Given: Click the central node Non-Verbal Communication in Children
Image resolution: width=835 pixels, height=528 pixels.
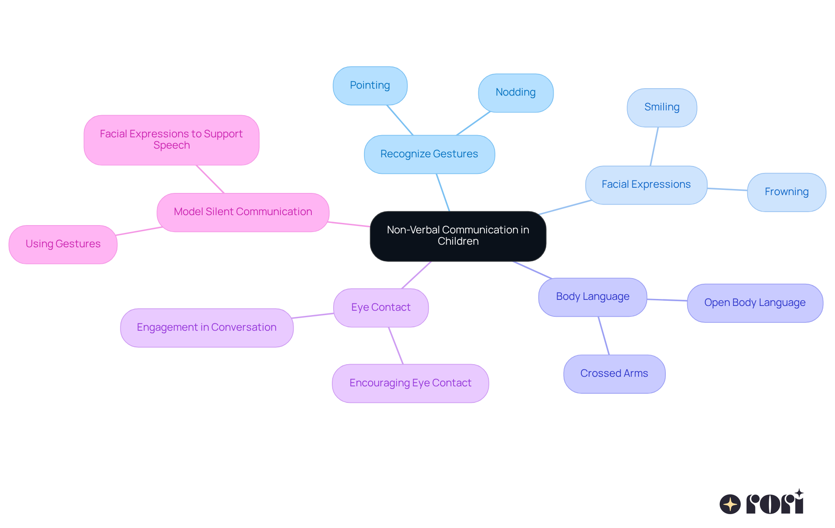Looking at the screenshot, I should (458, 236).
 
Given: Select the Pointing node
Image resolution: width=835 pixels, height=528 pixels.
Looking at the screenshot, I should (370, 86).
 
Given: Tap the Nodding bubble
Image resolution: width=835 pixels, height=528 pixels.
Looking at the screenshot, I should (516, 93).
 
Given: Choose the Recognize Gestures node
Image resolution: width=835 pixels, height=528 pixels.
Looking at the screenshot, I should (429, 154).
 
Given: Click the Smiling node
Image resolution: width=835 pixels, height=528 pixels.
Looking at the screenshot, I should (662, 107).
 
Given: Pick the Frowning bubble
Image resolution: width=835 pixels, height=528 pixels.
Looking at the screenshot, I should (786, 192).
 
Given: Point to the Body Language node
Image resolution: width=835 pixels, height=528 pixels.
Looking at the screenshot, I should (593, 297).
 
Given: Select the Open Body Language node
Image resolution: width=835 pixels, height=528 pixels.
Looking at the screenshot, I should (755, 303).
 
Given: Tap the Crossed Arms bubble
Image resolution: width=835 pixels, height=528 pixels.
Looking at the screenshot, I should (614, 374).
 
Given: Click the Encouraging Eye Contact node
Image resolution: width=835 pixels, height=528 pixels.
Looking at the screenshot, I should (410, 383).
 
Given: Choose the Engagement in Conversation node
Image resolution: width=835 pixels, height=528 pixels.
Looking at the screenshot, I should (207, 328).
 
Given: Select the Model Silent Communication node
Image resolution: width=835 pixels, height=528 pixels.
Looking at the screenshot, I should (243, 212).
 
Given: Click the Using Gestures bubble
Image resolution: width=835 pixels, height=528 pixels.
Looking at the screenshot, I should (63, 244).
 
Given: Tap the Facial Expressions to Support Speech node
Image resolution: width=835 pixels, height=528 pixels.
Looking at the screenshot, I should (171, 139).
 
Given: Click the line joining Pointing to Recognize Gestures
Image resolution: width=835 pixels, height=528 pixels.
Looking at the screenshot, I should (400, 120).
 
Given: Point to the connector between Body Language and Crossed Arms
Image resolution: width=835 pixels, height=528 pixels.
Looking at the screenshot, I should (604, 335).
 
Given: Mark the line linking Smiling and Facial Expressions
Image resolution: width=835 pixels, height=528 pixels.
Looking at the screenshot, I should (654, 146).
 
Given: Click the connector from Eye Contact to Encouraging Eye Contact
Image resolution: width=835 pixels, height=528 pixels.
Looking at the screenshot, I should (396, 345).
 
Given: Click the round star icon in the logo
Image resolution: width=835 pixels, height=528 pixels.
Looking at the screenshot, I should (730, 504).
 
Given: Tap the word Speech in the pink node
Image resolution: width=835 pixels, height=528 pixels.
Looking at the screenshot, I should (171, 146).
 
